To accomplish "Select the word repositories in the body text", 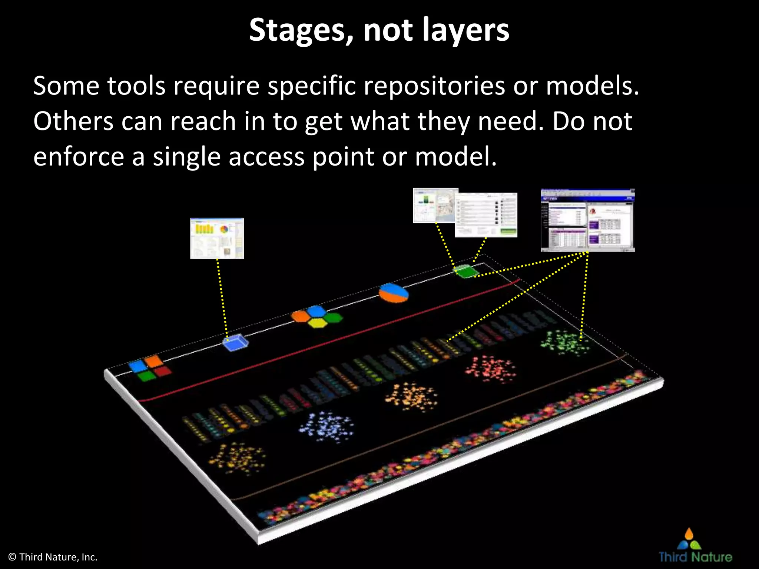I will (434, 86).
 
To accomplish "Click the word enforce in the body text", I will (79, 157).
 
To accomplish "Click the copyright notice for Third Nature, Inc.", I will (53, 557).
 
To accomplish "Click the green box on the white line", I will (466, 271).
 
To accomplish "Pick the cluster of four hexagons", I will (317, 317).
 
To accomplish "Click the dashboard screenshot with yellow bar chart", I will (217, 238).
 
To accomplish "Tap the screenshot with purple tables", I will (587, 220).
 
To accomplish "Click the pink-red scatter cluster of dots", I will (490, 369).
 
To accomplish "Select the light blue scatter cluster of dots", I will (326, 426).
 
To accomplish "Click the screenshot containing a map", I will (435, 206).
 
